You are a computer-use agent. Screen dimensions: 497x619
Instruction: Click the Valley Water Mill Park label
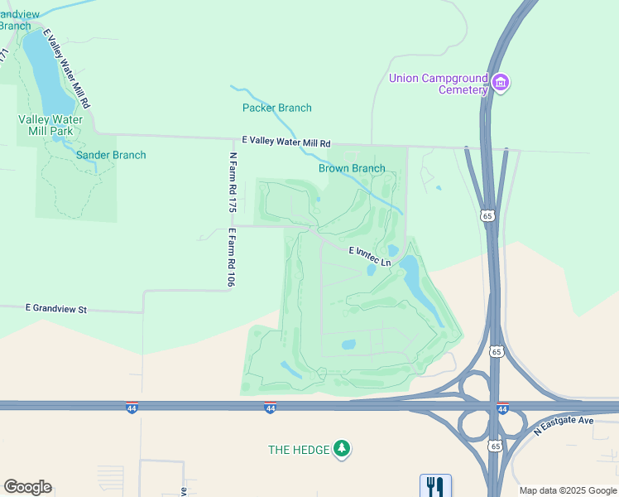[50, 125]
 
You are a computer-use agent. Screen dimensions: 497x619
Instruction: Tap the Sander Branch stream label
[111, 155]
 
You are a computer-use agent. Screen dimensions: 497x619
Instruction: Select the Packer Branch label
[276, 108]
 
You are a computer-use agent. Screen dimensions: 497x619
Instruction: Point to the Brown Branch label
[352, 168]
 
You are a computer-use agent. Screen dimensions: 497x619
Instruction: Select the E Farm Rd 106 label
[233, 258]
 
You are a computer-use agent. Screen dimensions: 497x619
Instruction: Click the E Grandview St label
[56, 308]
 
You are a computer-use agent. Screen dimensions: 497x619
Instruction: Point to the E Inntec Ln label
[369, 255]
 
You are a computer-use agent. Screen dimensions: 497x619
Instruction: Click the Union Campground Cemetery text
[439, 84]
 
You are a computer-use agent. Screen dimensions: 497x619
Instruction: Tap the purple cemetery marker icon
[500, 83]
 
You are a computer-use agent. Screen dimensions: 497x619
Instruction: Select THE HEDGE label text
[299, 450]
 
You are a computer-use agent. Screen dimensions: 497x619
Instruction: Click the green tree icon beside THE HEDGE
[342, 449]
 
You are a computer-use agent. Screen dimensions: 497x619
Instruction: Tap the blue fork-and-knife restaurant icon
[435, 485]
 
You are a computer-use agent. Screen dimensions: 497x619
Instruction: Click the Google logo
[27, 487]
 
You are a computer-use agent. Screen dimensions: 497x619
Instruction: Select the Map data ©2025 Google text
[568, 490]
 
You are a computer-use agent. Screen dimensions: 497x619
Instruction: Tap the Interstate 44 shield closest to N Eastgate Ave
[502, 408]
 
